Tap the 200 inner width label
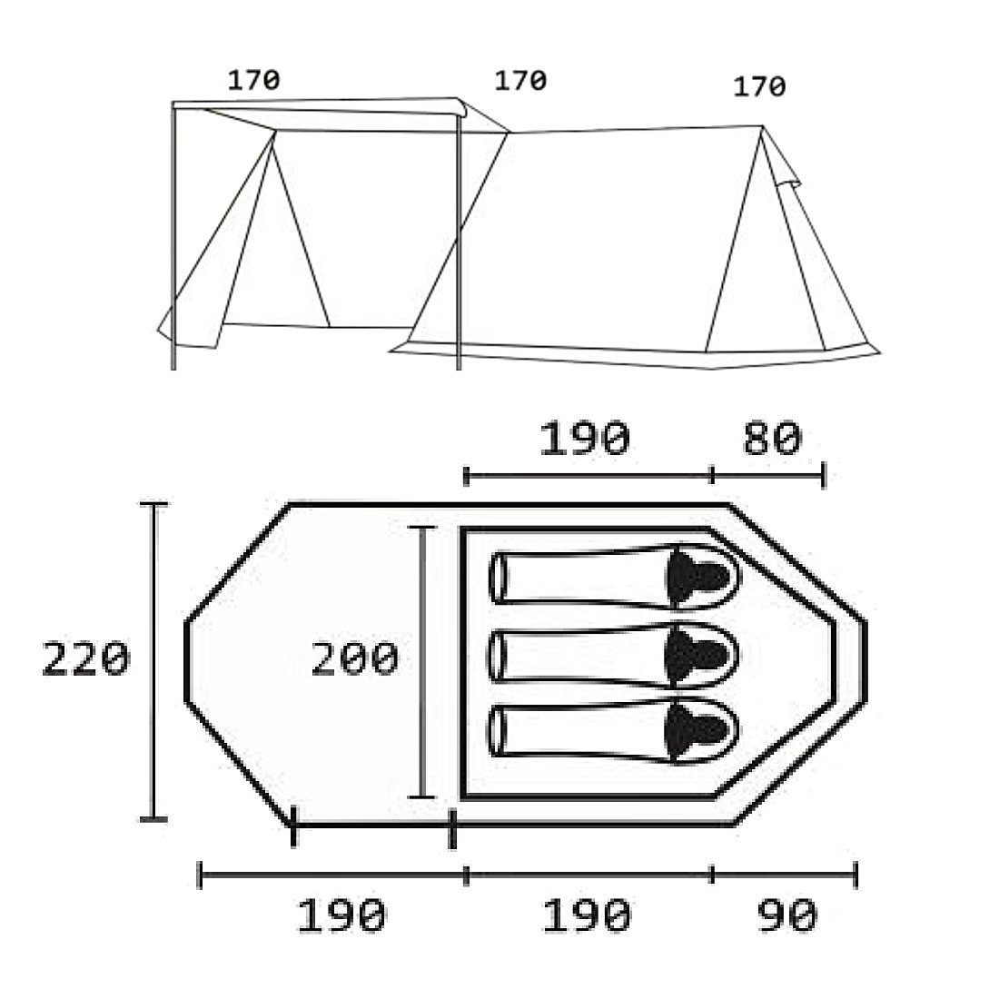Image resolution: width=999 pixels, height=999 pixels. pyautogui.click(x=354, y=659)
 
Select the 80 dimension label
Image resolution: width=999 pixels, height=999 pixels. pyautogui.click(x=772, y=440)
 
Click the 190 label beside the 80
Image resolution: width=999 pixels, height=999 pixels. pyautogui.click(x=584, y=440)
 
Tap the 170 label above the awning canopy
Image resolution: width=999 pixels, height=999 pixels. pyautogui.click(x=253, y=80)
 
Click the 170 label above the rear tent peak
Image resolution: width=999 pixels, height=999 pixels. pyautogui.click(x=758, y=87)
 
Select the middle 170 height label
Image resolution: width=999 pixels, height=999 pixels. pyautogui.click(x=520, y=80)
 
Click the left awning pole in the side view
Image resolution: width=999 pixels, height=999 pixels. pyautogui.click(x=173, y=236)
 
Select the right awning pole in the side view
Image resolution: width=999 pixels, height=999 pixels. pyautogui.click(x=459, y=236)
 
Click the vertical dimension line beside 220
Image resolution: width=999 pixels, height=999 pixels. pyautogui.click(x=153, y=659)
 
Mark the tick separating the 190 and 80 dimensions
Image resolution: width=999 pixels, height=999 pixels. pyautogui.click(x=713, y=474)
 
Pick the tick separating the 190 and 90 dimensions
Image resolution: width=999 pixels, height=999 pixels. pyautogui.click(x=713, y=875)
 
